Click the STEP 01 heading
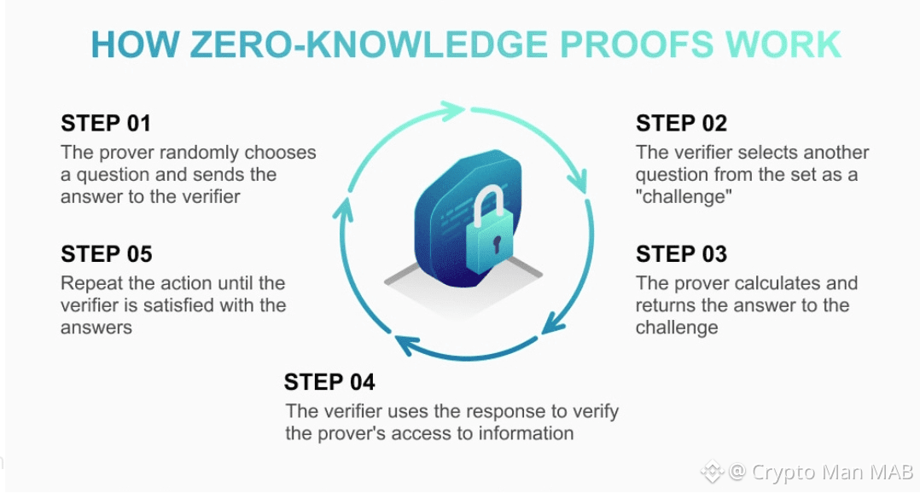point(106,124)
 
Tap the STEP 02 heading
point(681,124)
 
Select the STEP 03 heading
point(681,254)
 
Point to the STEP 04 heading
point(329,381)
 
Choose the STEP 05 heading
point(106,254)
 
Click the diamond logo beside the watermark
point(712,471)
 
